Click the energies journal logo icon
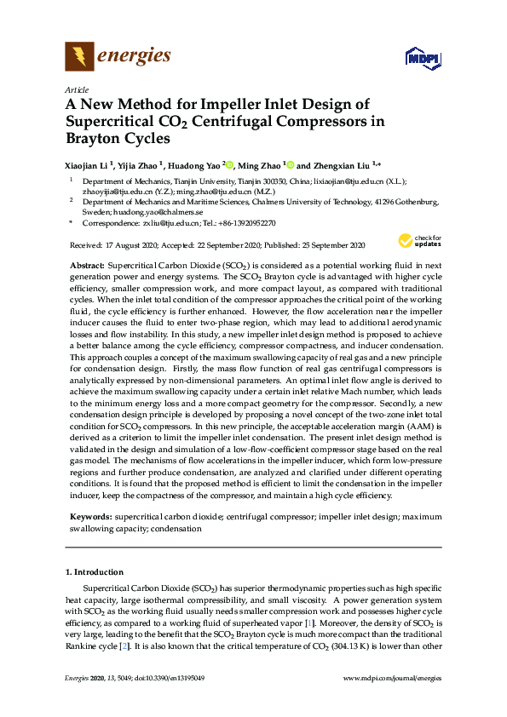(x=78, y=56)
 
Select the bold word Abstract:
(x=87, y=267)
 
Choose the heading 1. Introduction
(x=95, y=571)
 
